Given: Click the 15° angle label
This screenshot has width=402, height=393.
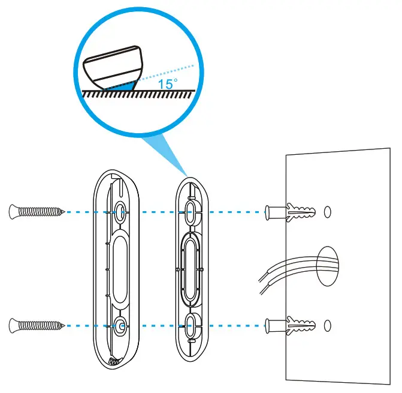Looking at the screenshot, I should [x=168, y=84].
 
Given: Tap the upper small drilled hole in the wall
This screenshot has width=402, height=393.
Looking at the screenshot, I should [x=327, y=212].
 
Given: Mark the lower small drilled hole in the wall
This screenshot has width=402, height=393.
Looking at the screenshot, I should [x=327, y=326].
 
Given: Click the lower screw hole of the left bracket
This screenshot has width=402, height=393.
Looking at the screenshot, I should [x=120, y=326].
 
